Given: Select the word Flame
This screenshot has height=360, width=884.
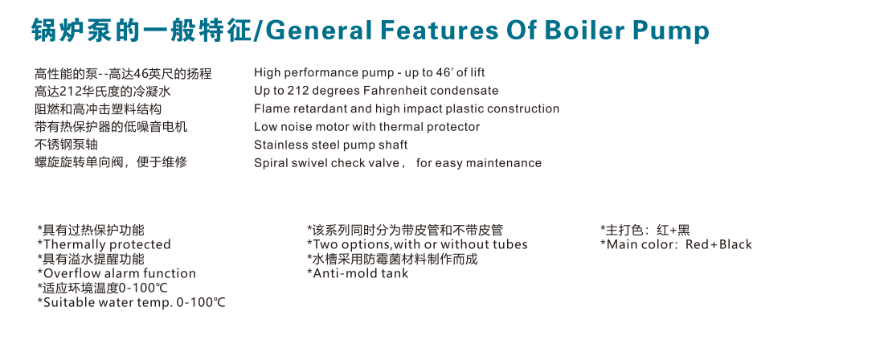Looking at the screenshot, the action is click(269, 108).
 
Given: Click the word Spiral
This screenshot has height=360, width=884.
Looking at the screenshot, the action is click(270, 163).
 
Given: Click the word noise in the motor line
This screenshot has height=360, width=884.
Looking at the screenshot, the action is click(291, 127).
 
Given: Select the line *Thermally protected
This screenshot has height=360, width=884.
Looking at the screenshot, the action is click(104, 244).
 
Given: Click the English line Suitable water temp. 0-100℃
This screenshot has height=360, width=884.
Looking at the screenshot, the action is click(131, 302).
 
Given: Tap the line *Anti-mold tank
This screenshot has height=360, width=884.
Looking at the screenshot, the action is click(358, 273).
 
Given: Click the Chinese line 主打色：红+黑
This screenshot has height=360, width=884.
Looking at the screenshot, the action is click(645, 230).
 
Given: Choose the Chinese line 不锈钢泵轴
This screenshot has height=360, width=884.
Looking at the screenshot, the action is click(67, 145).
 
